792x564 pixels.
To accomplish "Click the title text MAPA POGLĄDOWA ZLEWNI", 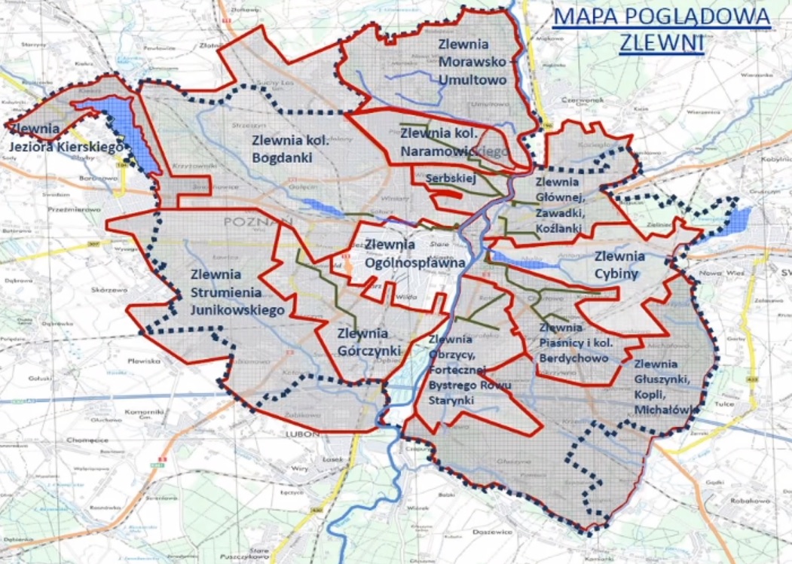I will pyautogui.click(x=661, y=29).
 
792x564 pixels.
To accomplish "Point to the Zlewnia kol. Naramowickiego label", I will pyautogui.click(x=455, y=142).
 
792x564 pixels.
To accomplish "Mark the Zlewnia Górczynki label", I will pyautogui.click(x=362, y=342).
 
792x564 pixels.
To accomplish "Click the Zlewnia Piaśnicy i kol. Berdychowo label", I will pyautogui.click(x=573, y=343).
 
